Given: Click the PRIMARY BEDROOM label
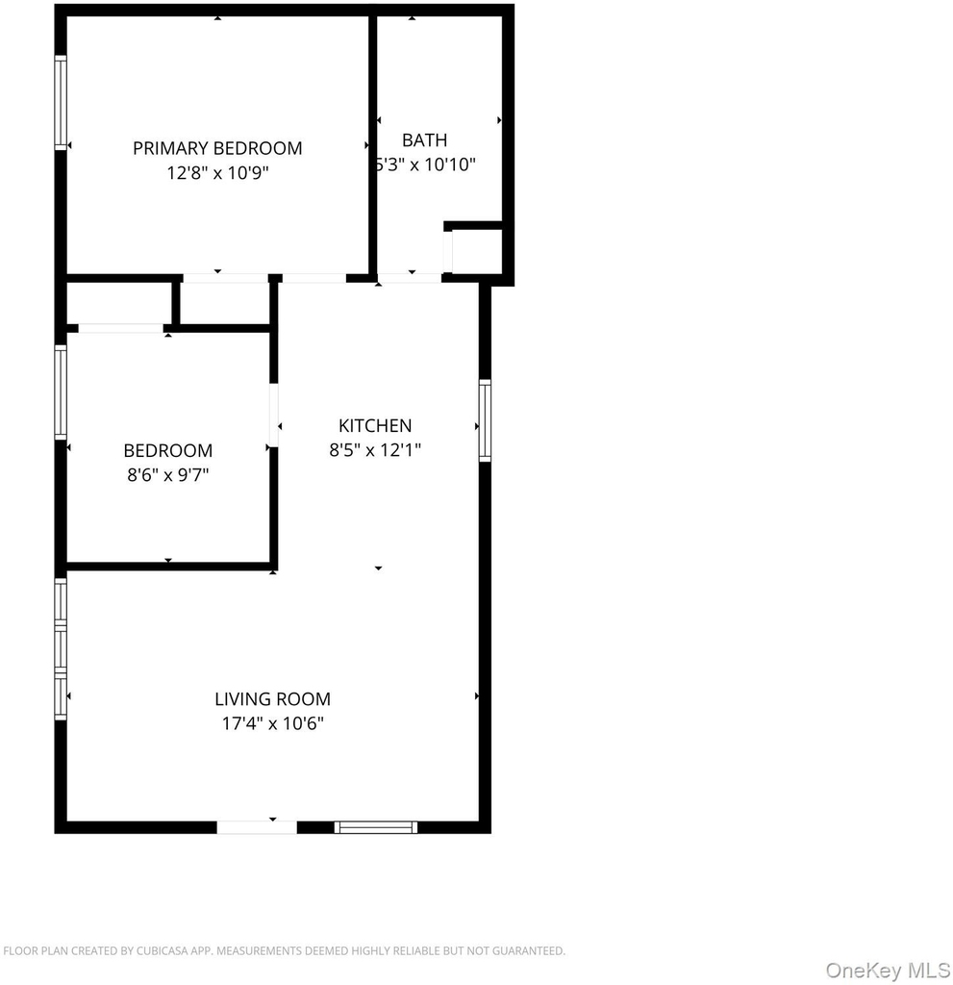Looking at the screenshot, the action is pos(217,148).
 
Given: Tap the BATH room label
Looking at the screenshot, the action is pos(425,139).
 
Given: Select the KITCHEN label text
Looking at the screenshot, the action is pos(375,425).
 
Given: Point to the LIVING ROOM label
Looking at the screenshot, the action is pos(273,698).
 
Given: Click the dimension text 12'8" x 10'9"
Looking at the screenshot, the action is pos(217,173).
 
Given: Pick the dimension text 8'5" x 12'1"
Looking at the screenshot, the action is pos(375,450).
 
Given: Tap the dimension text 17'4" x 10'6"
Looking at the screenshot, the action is pos(273,723).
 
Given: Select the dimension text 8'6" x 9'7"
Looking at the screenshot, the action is pos(167,474).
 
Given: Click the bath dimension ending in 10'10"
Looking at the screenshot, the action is pos(426,164).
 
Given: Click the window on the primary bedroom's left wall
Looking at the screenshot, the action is pos(61,103).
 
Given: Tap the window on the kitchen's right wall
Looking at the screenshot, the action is pos(485,420).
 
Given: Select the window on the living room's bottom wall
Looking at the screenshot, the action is pos(376,827).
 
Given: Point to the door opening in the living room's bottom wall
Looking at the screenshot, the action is pos(257,827).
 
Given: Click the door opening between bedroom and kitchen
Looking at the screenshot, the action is pos(274,416).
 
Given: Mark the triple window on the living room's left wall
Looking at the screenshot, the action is pos(61,649).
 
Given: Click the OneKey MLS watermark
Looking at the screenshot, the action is pos(888,970).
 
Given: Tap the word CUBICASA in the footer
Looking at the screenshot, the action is pos(163,951).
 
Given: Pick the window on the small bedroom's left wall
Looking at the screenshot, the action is pos(61,392).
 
